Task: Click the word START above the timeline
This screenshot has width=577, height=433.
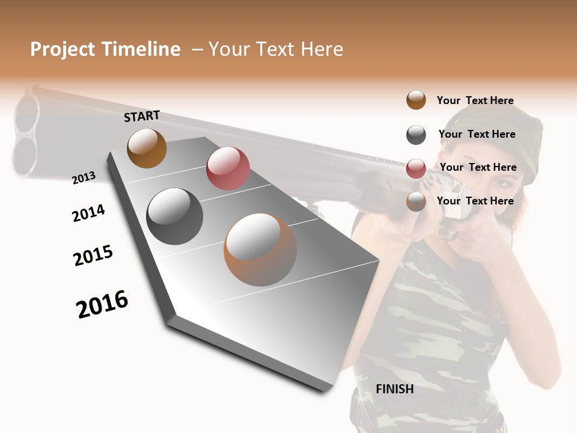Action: (142, 116)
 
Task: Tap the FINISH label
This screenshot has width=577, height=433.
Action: (394, 389)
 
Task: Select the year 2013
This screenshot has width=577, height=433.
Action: (84, 178)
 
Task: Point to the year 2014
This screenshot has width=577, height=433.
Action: (88, 213)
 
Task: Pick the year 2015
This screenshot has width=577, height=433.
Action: (93, 256)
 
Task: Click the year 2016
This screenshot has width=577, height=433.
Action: (102, 304)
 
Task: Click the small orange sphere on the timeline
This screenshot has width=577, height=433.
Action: (147, 148)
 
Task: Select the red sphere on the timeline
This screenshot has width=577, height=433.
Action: (228, 168)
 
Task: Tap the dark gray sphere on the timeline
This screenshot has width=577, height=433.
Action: (175, 216)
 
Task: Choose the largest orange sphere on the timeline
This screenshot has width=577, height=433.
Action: (260, 250)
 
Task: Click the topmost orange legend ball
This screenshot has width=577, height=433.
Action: (416, 100)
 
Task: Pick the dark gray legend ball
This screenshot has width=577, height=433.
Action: (416, 135)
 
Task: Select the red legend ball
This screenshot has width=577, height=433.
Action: (416, 168)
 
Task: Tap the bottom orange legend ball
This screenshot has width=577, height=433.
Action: (416, 201)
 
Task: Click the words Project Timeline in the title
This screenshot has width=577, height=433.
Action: (105, 49)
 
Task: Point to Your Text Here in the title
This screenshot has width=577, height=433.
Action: (276, 49)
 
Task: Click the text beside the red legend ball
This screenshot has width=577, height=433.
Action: (478, 167)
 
